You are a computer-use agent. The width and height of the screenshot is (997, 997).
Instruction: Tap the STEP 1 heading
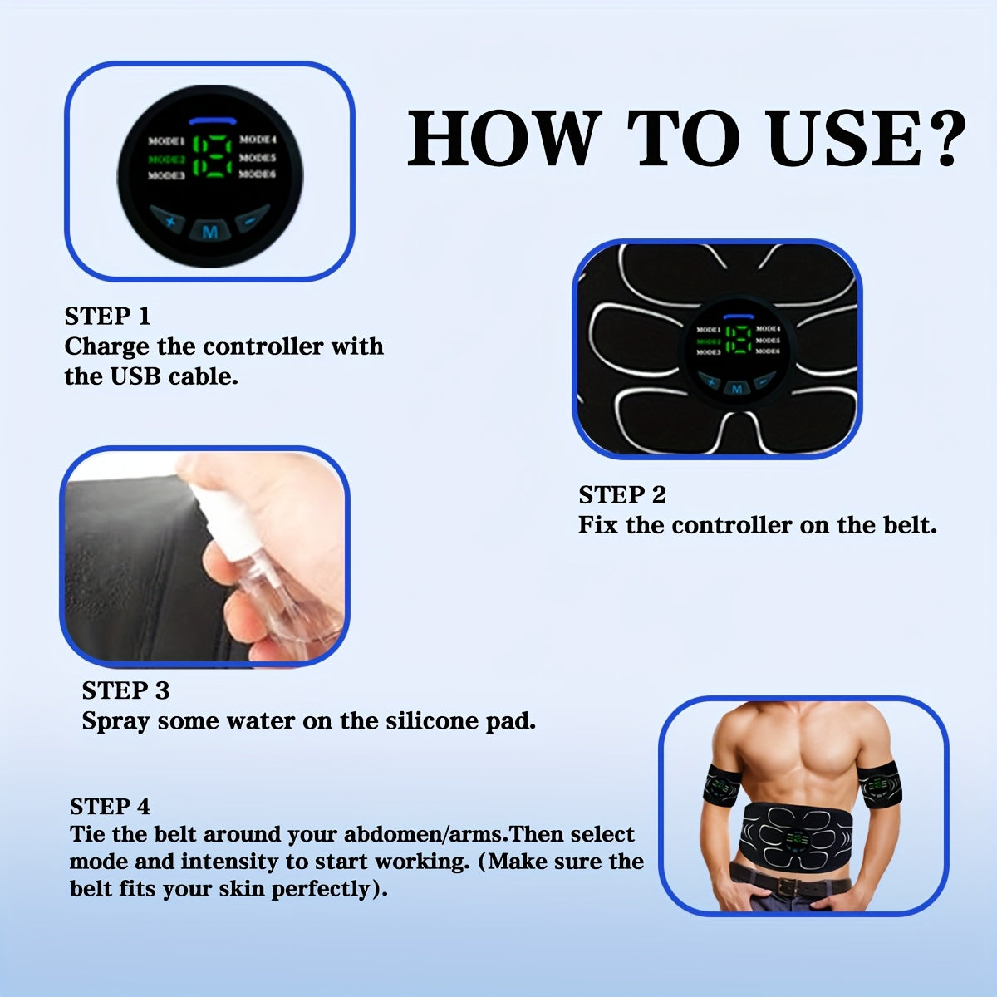pos(107,317)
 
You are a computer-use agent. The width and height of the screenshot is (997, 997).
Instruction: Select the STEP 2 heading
pos(622,495)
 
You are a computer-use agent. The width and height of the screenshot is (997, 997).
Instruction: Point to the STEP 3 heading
pos(125,690)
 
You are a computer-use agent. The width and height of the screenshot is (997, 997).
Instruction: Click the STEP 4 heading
pos(110,807)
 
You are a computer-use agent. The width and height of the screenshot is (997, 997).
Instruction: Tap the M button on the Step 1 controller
pos(209,232)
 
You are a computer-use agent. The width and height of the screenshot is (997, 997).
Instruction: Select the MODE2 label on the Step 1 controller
pos(166,159)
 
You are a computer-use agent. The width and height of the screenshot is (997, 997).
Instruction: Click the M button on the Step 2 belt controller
pos(734,388)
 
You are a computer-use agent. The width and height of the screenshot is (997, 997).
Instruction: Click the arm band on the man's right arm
pos(722,787)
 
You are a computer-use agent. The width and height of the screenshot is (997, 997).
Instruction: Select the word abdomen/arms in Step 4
pos(425,834)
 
